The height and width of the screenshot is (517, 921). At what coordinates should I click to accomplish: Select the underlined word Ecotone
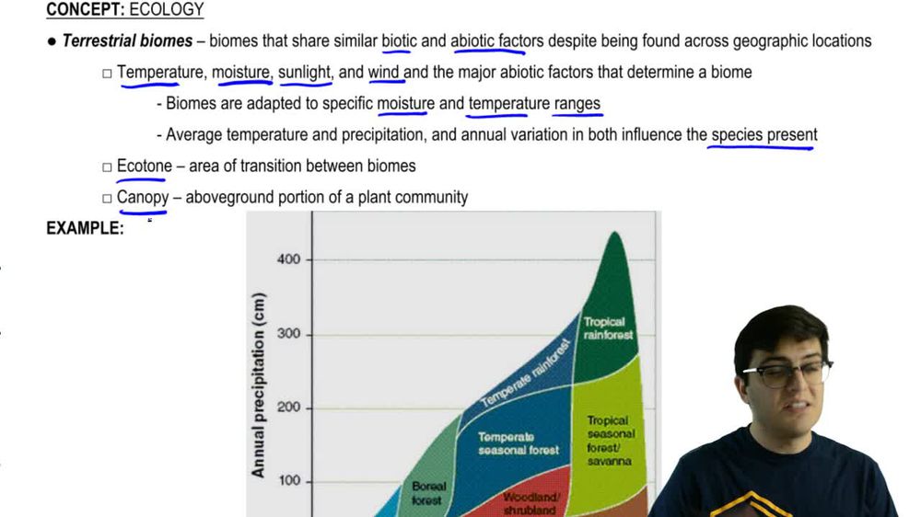pyautogui.click(x=144, y=167)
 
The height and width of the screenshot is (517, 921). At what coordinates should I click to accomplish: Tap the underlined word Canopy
pyautogui.click(x=143, y=198)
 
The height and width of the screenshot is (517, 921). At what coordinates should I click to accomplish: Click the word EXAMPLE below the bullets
pyautogui.click(x=85, y=229)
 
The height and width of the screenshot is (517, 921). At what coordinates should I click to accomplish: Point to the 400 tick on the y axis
pyautogui.click(x=289, y=260)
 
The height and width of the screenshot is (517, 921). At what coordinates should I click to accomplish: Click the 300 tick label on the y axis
pyautogui.click(x=289, y=334)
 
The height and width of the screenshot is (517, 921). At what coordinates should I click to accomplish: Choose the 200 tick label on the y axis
pyautogui.click(x=289, y=408)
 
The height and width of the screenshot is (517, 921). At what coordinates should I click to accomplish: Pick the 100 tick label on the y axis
pyautogui.click(x=289, y=481)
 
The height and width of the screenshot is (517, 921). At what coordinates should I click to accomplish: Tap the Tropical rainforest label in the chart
pyautogui.click(x=608, y=328)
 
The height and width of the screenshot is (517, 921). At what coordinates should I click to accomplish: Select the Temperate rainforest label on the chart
pyautogui.click(x=526, y=373)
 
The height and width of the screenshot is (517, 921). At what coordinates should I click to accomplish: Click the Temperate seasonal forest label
pyautogui.click(x=519, y=443)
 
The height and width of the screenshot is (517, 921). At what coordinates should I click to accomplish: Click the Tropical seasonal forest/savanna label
pyautogui.click(x=610, y=440)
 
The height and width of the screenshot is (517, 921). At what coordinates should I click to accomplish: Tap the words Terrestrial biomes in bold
pyautogui.click(x=127, y=41)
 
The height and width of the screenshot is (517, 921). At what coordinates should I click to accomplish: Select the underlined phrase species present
pyautogui.click(x=764, y=135)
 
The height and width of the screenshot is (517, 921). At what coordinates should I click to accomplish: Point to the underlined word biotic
pyautogui.click(x=399, y=41)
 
